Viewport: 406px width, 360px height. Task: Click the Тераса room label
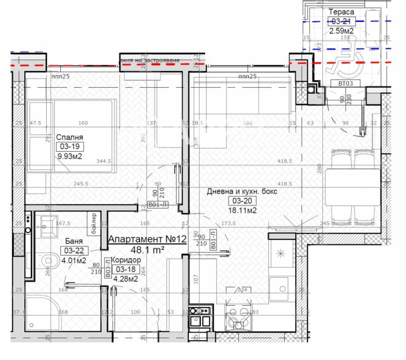pyautogui.click(x=342, y=12)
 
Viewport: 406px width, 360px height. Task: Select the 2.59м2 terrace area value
pyautogui.click(x=342, y=30)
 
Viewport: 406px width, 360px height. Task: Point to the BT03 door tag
pyautogui.click(x=338, y=83)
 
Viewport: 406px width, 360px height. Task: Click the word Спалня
pyautogui.click(x=70, y=137)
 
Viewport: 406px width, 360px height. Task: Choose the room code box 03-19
pyautogui.click(x=70, y=147)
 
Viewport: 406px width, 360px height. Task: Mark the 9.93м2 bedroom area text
pyautogui.click(x=70, y=156)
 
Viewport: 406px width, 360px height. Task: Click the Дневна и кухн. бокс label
pyautogui.click(x=242, y=192)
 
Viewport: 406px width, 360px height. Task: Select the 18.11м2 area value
pyautogui.click(x=242, y=210)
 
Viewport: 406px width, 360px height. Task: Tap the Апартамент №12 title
pyautogui.click(x=147, y=239)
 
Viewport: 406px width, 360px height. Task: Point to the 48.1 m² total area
pyautogui.click(x=147, y=249)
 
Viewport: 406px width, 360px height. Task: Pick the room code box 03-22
pyautogui.click(x=73, y=250)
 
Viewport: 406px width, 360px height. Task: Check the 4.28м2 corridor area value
pyautogui.click(x=125, y=278)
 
